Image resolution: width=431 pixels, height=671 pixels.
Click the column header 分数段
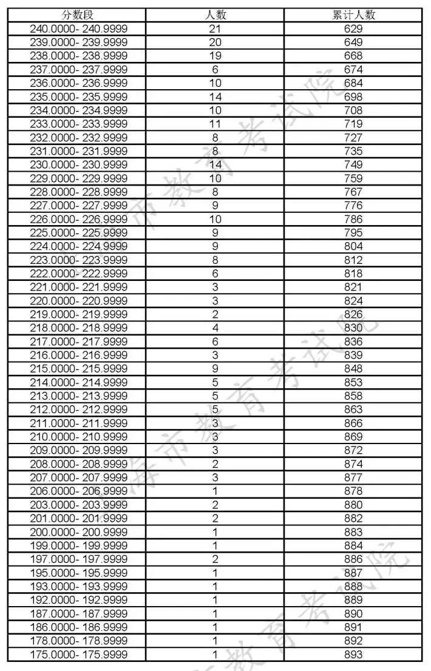point(78,15)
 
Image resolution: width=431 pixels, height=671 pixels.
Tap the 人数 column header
point(215,15)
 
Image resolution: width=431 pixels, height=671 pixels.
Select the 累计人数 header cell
point(353,15)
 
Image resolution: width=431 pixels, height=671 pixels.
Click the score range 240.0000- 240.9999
point(79,29)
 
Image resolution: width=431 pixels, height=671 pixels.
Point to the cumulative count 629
point(353,29)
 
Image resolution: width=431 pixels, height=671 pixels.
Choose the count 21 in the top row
point(215,29)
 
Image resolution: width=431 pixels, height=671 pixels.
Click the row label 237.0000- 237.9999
point(79,69)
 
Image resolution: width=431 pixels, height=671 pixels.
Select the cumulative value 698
point(353,96)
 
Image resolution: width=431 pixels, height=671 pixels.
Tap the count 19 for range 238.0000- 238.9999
point(215,56)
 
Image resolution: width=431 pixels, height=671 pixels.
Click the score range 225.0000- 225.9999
point(79,232)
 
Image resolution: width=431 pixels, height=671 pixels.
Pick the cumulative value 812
point(353,260)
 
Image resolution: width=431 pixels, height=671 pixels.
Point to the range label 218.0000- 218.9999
point(79,328)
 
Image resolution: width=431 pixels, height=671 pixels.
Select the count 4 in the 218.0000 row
point(215,328)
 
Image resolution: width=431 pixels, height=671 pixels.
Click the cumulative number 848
point(353,368)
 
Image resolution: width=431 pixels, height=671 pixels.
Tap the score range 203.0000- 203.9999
point(79,504)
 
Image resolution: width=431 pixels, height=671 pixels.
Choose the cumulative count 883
point(353,531)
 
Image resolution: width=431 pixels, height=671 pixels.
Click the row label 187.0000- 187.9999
point(79,613)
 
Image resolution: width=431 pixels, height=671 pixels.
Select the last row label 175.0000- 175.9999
point(79,654)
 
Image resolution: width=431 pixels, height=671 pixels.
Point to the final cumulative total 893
point(353,654)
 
